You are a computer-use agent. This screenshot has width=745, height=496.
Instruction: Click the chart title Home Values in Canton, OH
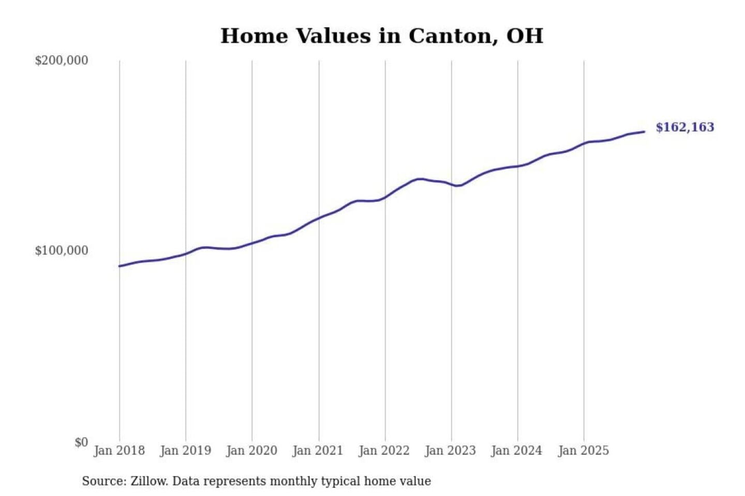click(x=382, y=36)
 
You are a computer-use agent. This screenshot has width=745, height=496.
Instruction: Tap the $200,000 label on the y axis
click(x=62, y=60)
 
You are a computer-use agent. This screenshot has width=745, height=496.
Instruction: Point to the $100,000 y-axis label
click(x=62, y=251)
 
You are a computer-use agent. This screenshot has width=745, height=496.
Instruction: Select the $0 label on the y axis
click(x=81, y=442)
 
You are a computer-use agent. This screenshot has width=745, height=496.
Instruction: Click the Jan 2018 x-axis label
click(x=119, y=451)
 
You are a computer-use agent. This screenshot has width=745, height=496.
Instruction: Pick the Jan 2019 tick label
click(x=186, y=451)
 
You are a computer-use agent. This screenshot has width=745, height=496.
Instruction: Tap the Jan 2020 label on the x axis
click(x=252, y=451)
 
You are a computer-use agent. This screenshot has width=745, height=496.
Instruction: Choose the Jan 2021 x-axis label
click(x=318, y=451)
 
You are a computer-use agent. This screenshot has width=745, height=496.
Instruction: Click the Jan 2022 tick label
click(x=384, y=451)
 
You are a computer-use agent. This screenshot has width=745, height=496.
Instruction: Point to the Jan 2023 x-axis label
click(x=451, y=451)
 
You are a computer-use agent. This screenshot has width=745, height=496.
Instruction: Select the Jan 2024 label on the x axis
click(x=517, y=451)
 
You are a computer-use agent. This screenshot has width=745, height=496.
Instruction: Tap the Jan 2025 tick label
click(x=584, y=451)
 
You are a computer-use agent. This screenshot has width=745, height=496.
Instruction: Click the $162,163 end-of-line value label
click(x=684, y=127)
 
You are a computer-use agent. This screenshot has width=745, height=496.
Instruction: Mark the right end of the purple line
click(x=644, y=132)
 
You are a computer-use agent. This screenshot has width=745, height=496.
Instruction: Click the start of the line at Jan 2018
click(x=120, y=266)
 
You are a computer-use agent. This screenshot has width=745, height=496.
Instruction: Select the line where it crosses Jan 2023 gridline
click(x=451, y=184)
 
